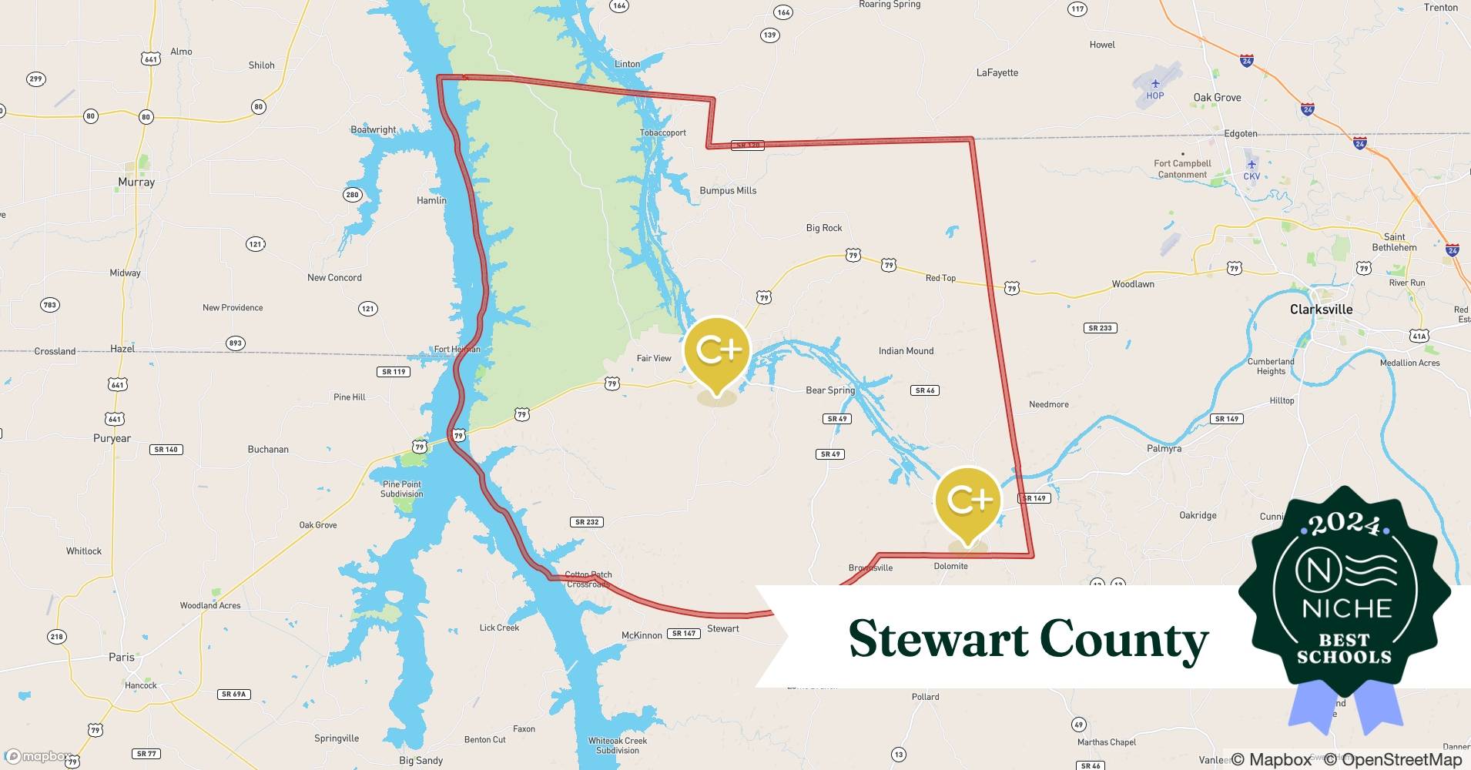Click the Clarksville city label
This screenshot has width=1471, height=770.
(1321, 309)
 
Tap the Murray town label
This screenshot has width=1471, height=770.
(136, 182)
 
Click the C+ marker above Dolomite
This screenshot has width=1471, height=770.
(967, 500)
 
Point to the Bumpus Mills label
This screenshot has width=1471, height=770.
(728, 190)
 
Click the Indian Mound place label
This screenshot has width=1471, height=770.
(906, 350)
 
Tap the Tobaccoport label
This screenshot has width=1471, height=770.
(662, 132)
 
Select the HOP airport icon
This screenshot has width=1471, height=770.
(1154, 83)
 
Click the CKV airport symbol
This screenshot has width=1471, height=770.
(1252, 164)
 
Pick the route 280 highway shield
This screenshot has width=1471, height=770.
(352, 194)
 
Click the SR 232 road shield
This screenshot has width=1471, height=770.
(587, 521)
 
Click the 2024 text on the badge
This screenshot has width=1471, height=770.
(1344, 524)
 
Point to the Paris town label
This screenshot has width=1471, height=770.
(122, 657)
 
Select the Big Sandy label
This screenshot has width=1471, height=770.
(421, 760)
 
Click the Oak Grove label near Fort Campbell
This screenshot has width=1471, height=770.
(1217, 97)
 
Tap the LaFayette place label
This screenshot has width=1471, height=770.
(997, 72)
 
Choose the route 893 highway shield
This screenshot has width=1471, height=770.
(236, 343)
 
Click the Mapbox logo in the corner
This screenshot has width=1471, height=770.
(39, 756)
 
